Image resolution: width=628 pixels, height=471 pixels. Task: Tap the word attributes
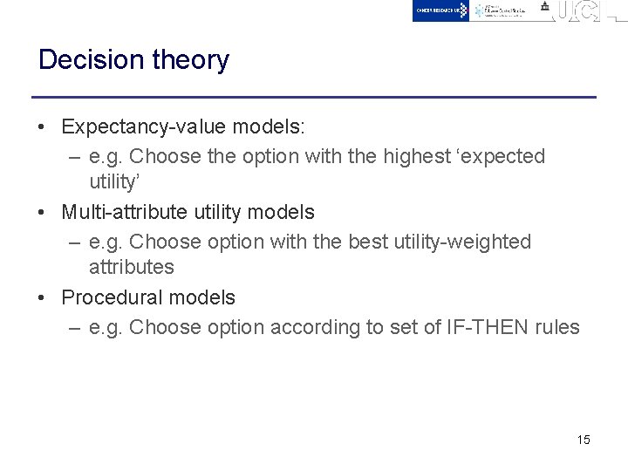(x=131, y=267)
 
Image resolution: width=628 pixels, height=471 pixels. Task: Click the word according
(x=311, y=327)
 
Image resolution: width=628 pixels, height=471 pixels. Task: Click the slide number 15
(x=584, y=440)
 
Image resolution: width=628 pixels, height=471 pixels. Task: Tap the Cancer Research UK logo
(x=440, y=10)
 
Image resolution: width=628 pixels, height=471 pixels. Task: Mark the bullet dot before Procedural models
(x=42, y=298)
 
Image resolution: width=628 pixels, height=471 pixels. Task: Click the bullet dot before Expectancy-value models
(x=42, y=127)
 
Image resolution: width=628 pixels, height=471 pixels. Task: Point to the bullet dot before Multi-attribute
(x=42, y=212)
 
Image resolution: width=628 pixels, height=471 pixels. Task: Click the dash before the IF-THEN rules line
(x=75, y=328)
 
